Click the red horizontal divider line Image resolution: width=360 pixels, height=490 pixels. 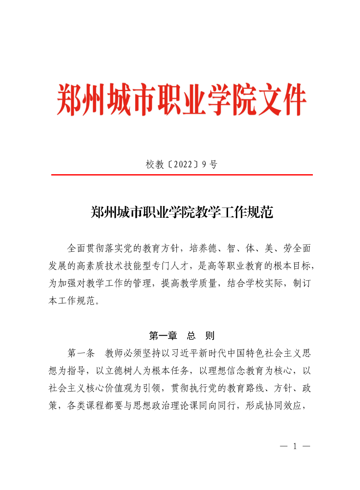(x=181, y=175)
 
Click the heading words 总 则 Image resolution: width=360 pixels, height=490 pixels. (x=200, y=336)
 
